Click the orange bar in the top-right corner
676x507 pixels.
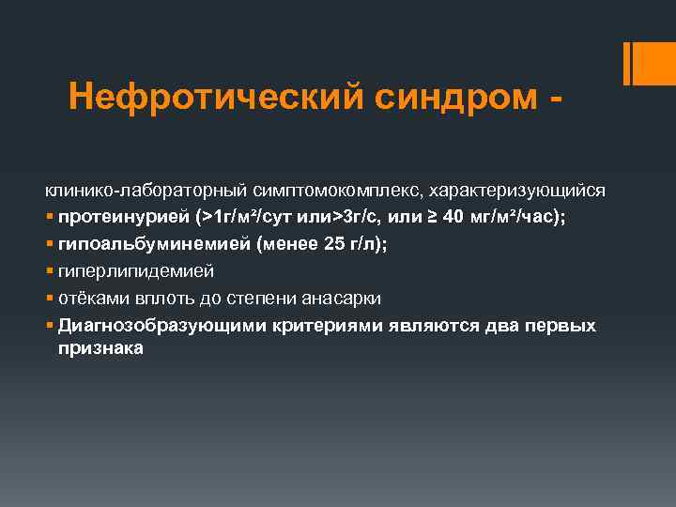point(648,64)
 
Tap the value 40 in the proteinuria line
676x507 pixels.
point(452,218)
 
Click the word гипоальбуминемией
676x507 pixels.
point(140,244)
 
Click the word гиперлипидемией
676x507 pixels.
point(135,271)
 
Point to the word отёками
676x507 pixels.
point(90,299)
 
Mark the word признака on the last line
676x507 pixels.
point(100,347)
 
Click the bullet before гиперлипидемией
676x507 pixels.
point(50,272)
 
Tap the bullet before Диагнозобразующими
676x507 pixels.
point(50,327)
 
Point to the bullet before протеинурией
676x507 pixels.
point(50,219)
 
